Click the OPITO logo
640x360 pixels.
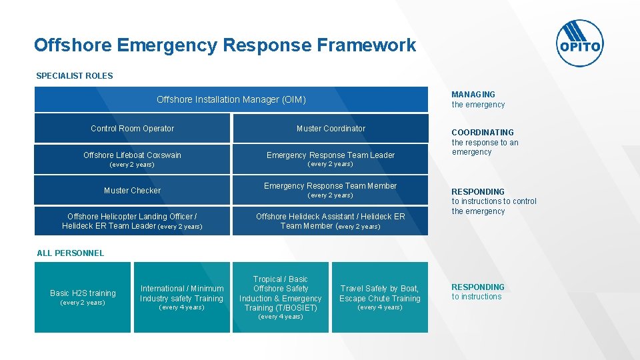(579, 43)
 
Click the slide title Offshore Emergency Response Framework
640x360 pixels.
(225, 45)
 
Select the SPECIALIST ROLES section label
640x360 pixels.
(75, 76)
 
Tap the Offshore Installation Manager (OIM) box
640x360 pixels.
(231, 99)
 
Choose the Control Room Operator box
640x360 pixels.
(132, 128)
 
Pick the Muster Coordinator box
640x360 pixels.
(331, 128)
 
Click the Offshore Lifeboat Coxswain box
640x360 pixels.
(132, 159)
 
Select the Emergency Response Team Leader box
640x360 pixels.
(331, 159)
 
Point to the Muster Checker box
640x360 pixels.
(132, 190)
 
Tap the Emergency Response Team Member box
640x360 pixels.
(331, 190)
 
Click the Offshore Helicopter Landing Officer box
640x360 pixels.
(132, 221)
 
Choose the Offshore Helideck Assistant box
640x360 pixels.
(331, 221)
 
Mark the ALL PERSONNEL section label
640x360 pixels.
(71, 253)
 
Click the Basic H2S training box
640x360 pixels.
(83, 297)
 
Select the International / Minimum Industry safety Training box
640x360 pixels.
(181, 297)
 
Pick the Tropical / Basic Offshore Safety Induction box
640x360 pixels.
(281, 297)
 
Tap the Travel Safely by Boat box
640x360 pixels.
(380, 297)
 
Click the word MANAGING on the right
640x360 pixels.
(473, 95)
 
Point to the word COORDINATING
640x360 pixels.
(483, 133)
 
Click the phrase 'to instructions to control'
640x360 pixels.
(494, 201)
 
